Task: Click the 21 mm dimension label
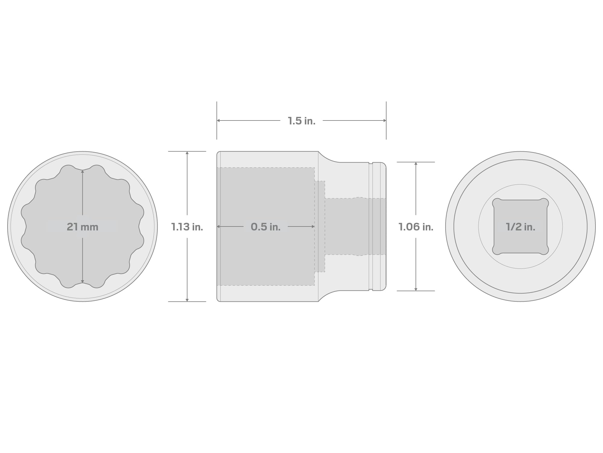[x=83, y=227]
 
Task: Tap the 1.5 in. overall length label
[x=301, y=121]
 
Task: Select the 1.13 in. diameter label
[x=187, y=227]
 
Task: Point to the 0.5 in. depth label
[x=266, y=227]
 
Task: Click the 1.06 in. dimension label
[x=416, y=227]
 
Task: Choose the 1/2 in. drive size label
[x=520, y=227]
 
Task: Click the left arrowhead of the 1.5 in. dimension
[x=218, y=120]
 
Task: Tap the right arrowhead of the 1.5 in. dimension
[x=385, y=120]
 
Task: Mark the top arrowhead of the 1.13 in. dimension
[x=187, y=153]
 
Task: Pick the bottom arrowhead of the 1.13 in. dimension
[x=187, y=300]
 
